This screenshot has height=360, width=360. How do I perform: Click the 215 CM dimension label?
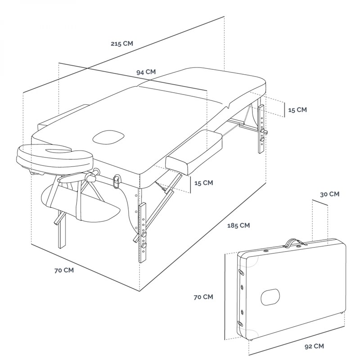tap(121, 44)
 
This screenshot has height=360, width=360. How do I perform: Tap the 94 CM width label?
tap(146, 72)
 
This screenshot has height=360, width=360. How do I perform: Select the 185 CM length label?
tap(238, 225)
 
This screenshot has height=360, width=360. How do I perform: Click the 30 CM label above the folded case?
tap(329, 194)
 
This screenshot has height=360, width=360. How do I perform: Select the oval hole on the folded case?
tap(270, 296)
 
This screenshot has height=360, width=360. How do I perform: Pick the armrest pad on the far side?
tap(63, 116)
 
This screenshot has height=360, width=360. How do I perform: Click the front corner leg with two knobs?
tap(143, 232)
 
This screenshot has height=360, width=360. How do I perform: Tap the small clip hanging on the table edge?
tap(117, 181)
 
